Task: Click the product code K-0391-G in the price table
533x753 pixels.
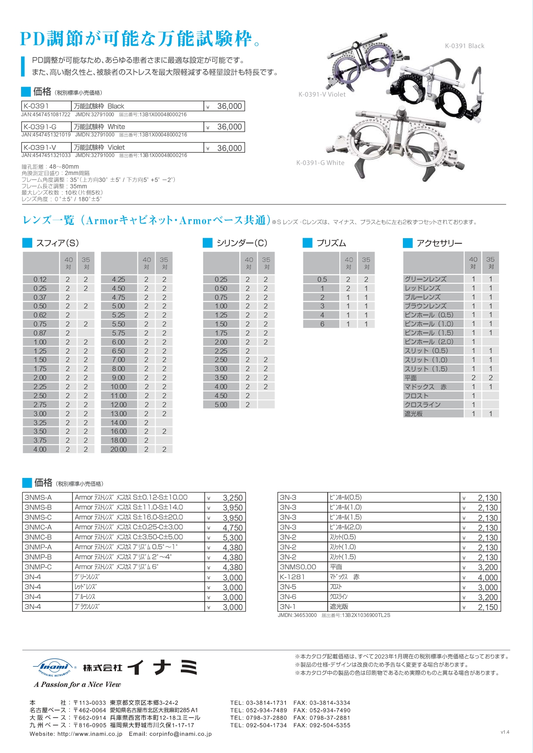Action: pyautogui.click(x=40, y=127)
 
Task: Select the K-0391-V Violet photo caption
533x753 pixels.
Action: pyautogui.click(x=322, y=94)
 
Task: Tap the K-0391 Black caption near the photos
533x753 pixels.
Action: pyautogui.click(x=464, y=46)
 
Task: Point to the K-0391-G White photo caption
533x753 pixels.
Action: pyautogui.click(x=320, y=163)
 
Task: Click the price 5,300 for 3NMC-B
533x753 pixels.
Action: pyautogui.click(x=232, y=538)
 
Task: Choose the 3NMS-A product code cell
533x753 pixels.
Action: pyautogui.click(x=38, y=498)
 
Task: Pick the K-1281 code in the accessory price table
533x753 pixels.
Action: pyautogui.click(x=292, y=577)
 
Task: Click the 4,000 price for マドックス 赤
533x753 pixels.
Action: pyautogui.click(x=487, y=578)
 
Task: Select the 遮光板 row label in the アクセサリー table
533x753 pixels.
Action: pyautogui.click(x=414, y=414)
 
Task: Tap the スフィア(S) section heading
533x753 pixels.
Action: pyautogui.click(x=57, y=243)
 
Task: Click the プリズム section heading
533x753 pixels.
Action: pyautogui.click(x=331, y=243)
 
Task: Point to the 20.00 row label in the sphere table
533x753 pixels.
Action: pyautogui.click(x=119, y=449)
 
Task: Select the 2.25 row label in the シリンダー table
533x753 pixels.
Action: pyautogui.click(x=221, y=351)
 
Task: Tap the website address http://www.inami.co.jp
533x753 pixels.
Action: pyautogui.click(x=90, y=734)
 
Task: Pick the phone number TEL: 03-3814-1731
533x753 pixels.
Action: pyautogui.click(x=258, y=703)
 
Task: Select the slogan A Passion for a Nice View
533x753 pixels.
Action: pyautogui.click(x=77, y=685)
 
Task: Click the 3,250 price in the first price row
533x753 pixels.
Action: pyautogui.click(x=232, y=498)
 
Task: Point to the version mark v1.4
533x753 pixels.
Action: pyautogui.click(x=505, y=732)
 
